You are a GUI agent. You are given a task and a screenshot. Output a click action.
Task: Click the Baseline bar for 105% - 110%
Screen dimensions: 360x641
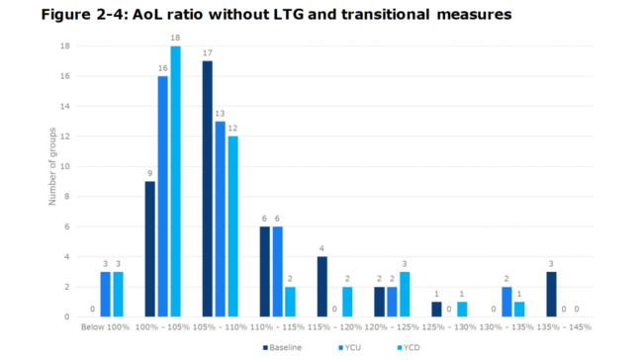tap(207, 189)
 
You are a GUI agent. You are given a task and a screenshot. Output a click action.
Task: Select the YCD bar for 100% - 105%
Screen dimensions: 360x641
tap(175, 181)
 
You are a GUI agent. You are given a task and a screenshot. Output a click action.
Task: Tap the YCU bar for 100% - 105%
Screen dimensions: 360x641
tap(162, 196)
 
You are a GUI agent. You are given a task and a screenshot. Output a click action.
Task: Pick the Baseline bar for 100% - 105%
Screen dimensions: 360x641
tap(149, 249)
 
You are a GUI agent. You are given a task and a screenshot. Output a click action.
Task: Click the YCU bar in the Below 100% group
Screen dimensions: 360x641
tap(105, 294)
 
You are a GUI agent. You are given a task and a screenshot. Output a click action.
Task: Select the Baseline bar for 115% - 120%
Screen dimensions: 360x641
tap(322, 287)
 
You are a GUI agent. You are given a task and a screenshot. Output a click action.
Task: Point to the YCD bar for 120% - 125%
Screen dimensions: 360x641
tap(405, 294)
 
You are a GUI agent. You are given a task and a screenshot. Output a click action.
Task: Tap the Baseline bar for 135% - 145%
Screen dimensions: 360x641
tap(552, 294)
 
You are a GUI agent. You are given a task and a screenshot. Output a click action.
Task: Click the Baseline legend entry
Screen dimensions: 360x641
tap(286, 347)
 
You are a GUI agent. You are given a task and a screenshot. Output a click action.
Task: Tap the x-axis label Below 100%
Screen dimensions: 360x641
tap(105, 325)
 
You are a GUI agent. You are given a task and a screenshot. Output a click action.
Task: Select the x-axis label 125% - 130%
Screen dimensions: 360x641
tap(449, 325)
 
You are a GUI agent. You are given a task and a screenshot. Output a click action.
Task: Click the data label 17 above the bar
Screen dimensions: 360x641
tap(207, 53)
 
